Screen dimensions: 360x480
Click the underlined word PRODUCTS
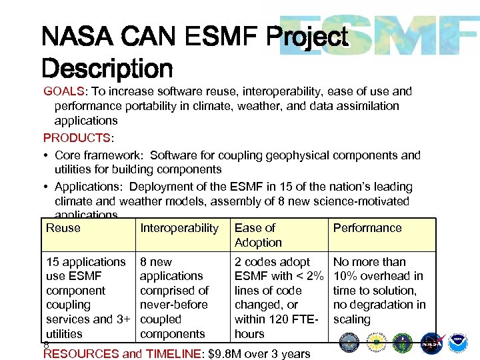(x=76, y=138)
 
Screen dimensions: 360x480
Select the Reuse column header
(x=63, y=228)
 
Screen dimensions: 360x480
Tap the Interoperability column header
(x=179, y=228)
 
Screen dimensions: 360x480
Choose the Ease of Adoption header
(x=258, y=235)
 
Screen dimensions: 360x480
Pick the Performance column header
(x=367, y=228)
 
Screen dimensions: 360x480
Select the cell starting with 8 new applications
(x=174, y=297)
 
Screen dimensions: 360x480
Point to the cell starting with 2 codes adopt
(x=279, y=297)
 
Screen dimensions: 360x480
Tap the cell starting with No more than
(x=378, y=291)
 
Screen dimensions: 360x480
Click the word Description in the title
(x=107, y=68)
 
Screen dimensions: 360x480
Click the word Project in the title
(x=307, y=37)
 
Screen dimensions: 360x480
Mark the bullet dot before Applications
(x=47, y=187)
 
